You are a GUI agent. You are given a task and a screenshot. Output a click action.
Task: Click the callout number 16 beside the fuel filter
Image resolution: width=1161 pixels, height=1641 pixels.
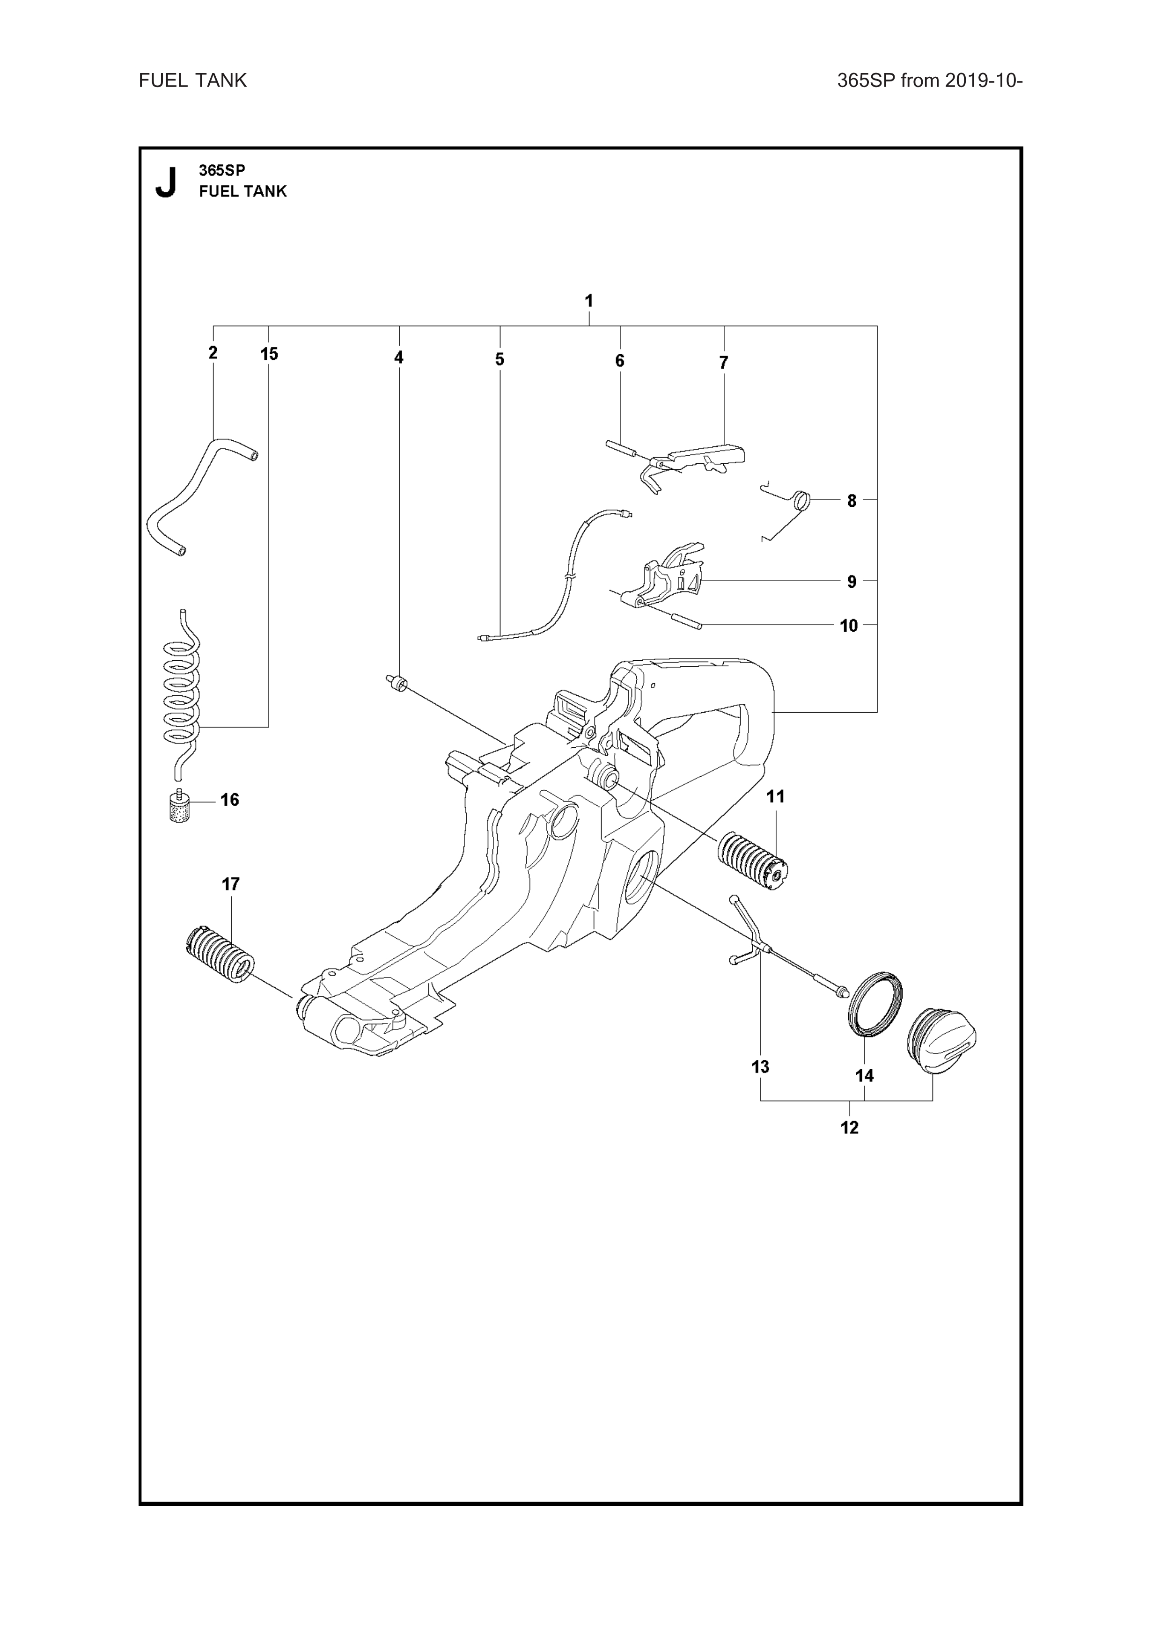229,799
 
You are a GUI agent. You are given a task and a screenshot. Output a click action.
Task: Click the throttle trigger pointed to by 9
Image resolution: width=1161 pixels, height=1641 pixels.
665,579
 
